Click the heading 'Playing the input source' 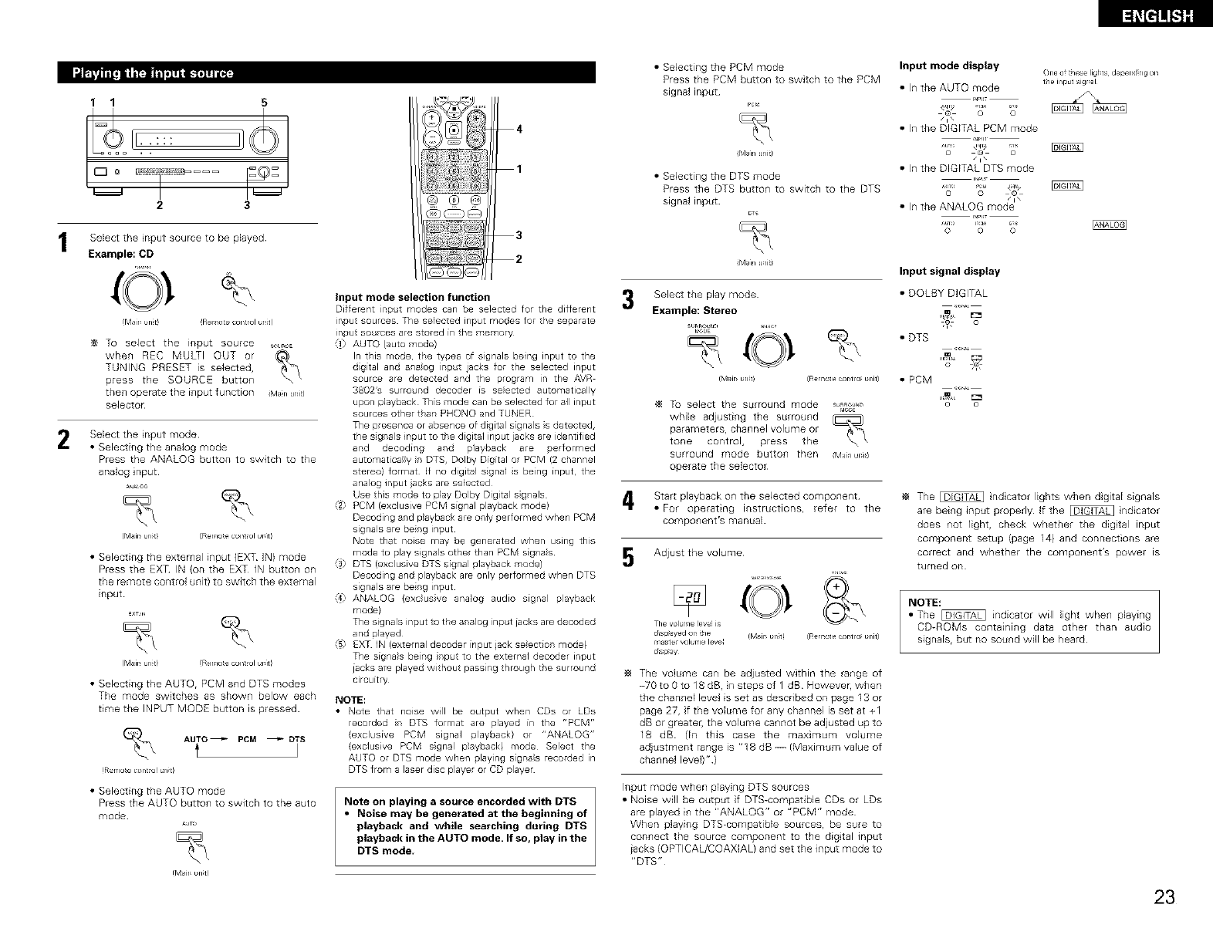(x=153, y=73)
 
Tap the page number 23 (x=1165, y=897)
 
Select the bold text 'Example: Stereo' (x=694, y=310)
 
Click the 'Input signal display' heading (x=949, y=271)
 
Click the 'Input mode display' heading (x=949, y=65)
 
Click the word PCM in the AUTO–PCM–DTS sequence (x=247, y=740)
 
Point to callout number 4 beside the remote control (x=519, y=129)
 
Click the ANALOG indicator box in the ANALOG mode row (x=1110, y=225)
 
